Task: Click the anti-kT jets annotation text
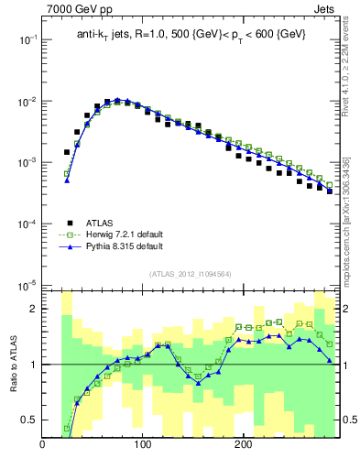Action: pyautogui.click(x=190, y=34)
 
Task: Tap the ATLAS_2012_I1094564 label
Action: pyautogui.click(x=190, y=274)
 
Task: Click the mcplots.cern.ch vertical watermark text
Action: pyautogui.click(x=345, y=220)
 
